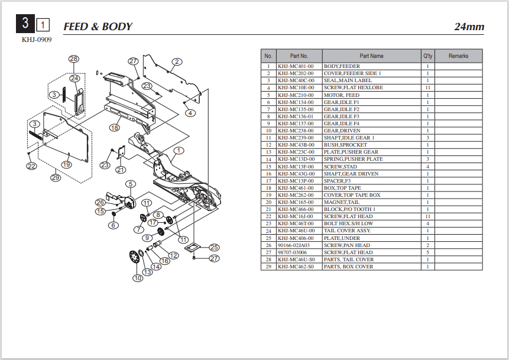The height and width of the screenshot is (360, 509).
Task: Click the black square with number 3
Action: pyautogui.click(x=25, y=25)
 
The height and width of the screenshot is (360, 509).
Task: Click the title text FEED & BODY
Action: pyautogui.click(x=98, y=27)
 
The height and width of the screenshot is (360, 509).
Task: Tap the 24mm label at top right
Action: pyautogui.click(x=469, y=27)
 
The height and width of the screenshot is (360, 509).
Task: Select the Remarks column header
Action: pyautogui.click(x=458, y=56)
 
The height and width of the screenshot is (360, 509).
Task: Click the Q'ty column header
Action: pyautogui.click(x=427, y=56)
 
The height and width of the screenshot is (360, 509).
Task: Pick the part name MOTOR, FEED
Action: pyautogui.click(x=341, y=95)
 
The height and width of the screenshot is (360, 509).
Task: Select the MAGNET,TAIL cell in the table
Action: pyautogui.click(x=342, y=202)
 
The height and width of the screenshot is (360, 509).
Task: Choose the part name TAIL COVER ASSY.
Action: pyautogui.click(x=348, y=231)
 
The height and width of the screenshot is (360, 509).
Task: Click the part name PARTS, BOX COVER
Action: pyautogui.click(x=348, y=267)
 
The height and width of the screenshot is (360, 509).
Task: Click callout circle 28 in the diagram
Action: pyautogui.click(x=74, y=59)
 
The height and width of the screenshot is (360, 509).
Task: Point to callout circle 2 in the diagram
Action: pyautogui.click(x=177, y=61)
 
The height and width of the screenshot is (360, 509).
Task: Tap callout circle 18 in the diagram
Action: pyautogui.click(x=114, y=127)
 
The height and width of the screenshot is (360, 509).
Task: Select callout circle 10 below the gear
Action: pyautogui.click(x=138, y=278)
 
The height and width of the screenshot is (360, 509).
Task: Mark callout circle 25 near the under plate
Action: pyautogui.click(x=213, y=247)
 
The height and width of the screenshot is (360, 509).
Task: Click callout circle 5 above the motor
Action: pyautogui.click(x=130, y=184)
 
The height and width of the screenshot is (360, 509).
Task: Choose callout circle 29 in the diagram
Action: pyautogui.click(x=56, y=177)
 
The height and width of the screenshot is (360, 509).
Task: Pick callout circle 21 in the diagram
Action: pyautogui.click(x=121, y=170)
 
